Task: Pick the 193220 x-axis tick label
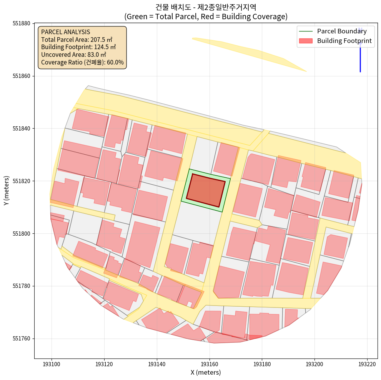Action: tap(367, 363)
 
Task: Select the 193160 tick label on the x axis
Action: tap(209, 363)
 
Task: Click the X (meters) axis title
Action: tap(206, 372)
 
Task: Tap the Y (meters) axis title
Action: tap(7, 191)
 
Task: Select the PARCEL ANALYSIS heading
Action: tap(65, 32)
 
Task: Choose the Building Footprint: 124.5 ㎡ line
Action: tap(78, 47)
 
